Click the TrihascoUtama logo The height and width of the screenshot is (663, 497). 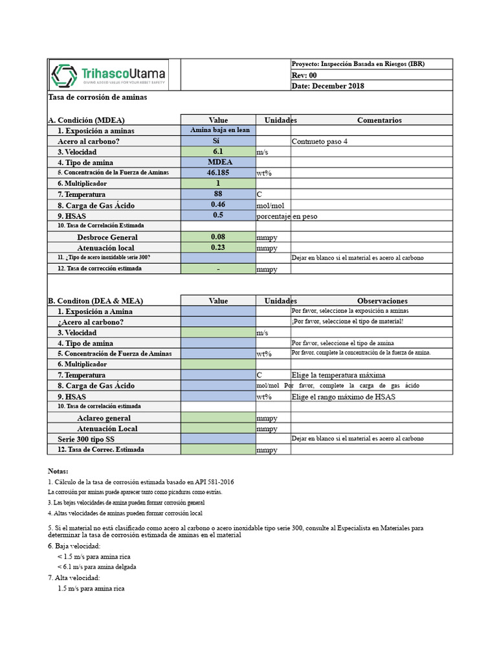(109, 74)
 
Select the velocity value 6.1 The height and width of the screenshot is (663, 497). (218, 152)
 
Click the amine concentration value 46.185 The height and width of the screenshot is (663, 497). (218, 173)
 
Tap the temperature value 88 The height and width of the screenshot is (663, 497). (218, 194)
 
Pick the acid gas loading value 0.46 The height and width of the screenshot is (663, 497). (218, 205)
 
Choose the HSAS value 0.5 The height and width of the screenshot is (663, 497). (218, 216)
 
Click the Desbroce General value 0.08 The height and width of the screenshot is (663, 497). (218, 237)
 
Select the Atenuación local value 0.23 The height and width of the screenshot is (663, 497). (218, 247)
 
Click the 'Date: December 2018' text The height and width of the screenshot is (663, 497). (327, 85)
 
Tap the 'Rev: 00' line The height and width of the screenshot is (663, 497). (304, 75)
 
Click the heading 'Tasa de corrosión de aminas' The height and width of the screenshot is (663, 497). (98, 97)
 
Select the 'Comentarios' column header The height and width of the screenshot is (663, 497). (379, 120)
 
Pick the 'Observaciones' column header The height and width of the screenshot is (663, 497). (382, 301)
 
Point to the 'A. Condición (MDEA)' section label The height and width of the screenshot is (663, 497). (86, 120)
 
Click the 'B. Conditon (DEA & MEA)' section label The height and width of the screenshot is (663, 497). (95, 301)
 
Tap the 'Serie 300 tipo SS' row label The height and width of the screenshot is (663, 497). (86, 439)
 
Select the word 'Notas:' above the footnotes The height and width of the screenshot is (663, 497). (58, 471)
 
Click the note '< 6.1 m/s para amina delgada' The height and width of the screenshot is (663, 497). (96, 567)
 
